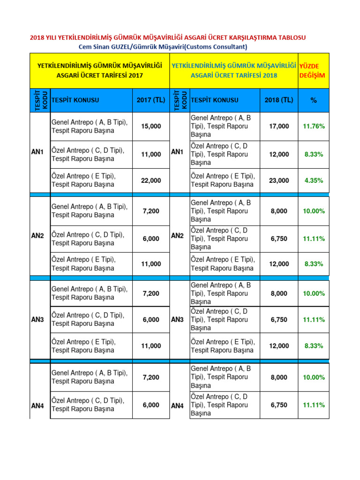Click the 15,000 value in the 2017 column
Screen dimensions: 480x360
click(151, 126)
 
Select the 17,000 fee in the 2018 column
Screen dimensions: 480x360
click(279, 126)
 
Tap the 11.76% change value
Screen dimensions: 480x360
click(314, 126)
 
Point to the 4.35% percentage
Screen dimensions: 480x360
click(314, 180)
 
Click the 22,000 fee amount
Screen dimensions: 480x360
click(151, 180)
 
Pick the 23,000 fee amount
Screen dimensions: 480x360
click(279, 180)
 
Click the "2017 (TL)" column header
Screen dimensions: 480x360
click(151, 100)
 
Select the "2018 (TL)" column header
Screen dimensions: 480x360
click(279, 100)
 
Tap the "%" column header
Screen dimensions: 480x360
click(314, 100)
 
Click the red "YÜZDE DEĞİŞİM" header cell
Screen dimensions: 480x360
click(314, 71)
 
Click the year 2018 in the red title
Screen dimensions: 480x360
click(37, 37)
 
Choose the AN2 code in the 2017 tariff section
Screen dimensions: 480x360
click(37, 236)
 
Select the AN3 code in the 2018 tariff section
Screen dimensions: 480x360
click(177, 320)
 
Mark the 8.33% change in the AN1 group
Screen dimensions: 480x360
click(314, 154)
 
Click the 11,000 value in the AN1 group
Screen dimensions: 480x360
click(151, 154)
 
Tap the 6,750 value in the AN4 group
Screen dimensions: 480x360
click(279, 405)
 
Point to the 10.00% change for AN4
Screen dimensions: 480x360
click(314, 377)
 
